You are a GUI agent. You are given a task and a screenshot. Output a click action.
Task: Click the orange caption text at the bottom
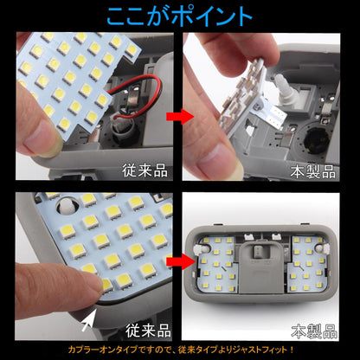(180, 349)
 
